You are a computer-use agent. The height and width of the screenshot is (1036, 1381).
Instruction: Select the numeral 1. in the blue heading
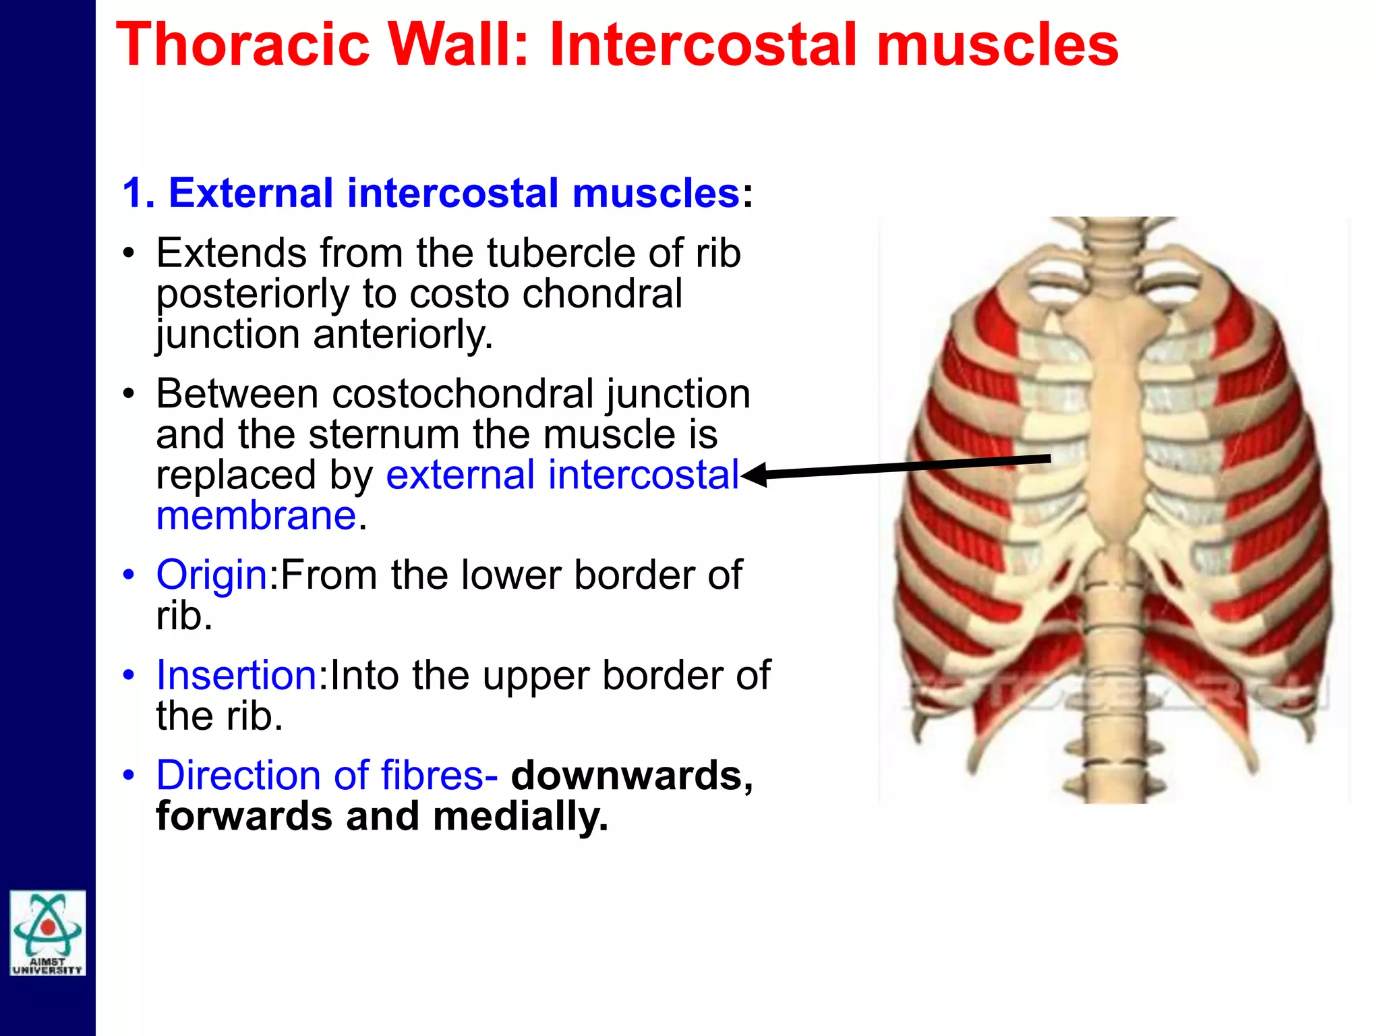(x=138, y=194)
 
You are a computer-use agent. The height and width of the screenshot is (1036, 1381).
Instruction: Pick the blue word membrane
(x=256, y=516)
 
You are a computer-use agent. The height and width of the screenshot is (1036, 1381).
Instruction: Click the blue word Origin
(x=212, y=576)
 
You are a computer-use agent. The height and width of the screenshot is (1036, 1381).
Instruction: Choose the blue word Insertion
(x=236, y=675)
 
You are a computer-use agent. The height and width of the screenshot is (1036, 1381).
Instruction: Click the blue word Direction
(x=239, y=776)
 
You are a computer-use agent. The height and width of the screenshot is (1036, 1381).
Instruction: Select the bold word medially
(x=520, y=816)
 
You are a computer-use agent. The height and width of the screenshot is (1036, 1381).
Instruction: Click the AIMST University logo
(x=48, y=933)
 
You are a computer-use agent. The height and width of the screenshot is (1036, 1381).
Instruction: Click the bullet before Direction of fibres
(x=129, y=776)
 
